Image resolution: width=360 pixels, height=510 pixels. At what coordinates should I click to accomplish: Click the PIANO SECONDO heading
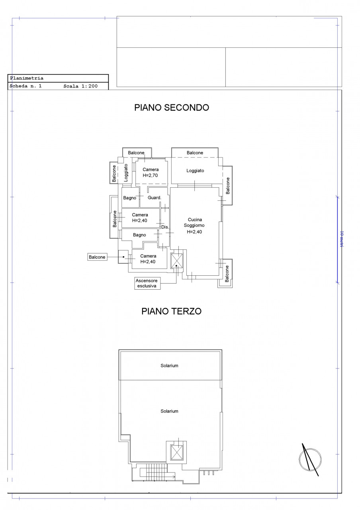coord(172,108)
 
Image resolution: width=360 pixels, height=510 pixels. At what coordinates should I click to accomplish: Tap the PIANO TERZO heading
coord(171,311)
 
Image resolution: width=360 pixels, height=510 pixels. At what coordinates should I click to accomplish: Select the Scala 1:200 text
coord(80,86)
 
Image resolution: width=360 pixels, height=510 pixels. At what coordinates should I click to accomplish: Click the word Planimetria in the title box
coord(27,78)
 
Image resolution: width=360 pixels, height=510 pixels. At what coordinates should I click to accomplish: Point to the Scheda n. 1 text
coord(25,86)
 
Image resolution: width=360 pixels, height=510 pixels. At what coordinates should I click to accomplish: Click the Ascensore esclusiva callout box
coord(147,283)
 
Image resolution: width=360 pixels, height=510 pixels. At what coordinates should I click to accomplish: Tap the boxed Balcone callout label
coord(97,257)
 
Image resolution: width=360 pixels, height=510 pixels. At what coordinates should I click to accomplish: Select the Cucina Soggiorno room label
coord(194,226)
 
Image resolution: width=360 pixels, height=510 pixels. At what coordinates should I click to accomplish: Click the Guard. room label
coord(154,198)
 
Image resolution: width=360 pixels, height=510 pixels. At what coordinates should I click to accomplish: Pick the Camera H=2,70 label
coord(151,173)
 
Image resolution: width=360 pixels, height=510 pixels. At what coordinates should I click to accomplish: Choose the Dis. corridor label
coord(165,227)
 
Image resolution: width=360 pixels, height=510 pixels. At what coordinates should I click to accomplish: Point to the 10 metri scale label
coord(341,239)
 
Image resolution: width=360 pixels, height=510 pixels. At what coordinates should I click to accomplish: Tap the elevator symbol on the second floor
coord(177,261)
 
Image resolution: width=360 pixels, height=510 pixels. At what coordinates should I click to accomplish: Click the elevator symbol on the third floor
coord(177,452)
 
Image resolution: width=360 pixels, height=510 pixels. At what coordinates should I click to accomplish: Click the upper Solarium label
coord(169,365)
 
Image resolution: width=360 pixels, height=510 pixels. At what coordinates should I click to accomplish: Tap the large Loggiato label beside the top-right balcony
coord(195,171)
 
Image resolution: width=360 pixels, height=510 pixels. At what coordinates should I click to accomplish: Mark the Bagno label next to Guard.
coord(129,198)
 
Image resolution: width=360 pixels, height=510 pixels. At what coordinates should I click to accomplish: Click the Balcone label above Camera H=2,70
coord(136,153)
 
